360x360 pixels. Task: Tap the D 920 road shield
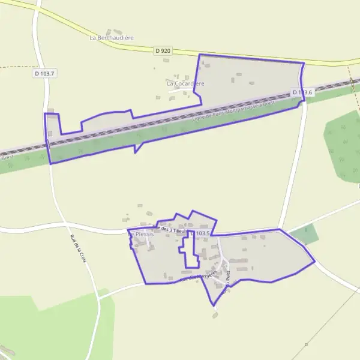163,52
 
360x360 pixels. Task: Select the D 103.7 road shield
44,73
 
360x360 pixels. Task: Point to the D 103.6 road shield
302,92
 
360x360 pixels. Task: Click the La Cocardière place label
185,83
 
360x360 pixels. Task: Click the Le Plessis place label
142,234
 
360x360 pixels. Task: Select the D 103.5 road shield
200,233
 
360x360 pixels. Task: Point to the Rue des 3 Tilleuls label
171,230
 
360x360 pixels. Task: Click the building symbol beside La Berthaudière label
109,31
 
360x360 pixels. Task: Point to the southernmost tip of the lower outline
213,305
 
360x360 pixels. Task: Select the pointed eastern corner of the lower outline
314,262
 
